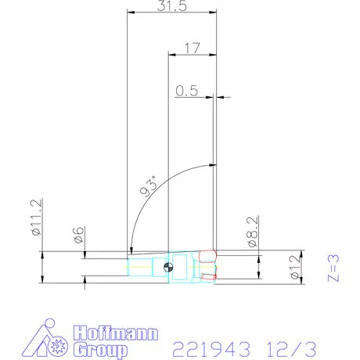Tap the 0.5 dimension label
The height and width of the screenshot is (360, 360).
point(186,90)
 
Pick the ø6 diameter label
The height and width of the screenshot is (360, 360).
point(79,236)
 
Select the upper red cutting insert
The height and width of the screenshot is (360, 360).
point(207,255)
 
